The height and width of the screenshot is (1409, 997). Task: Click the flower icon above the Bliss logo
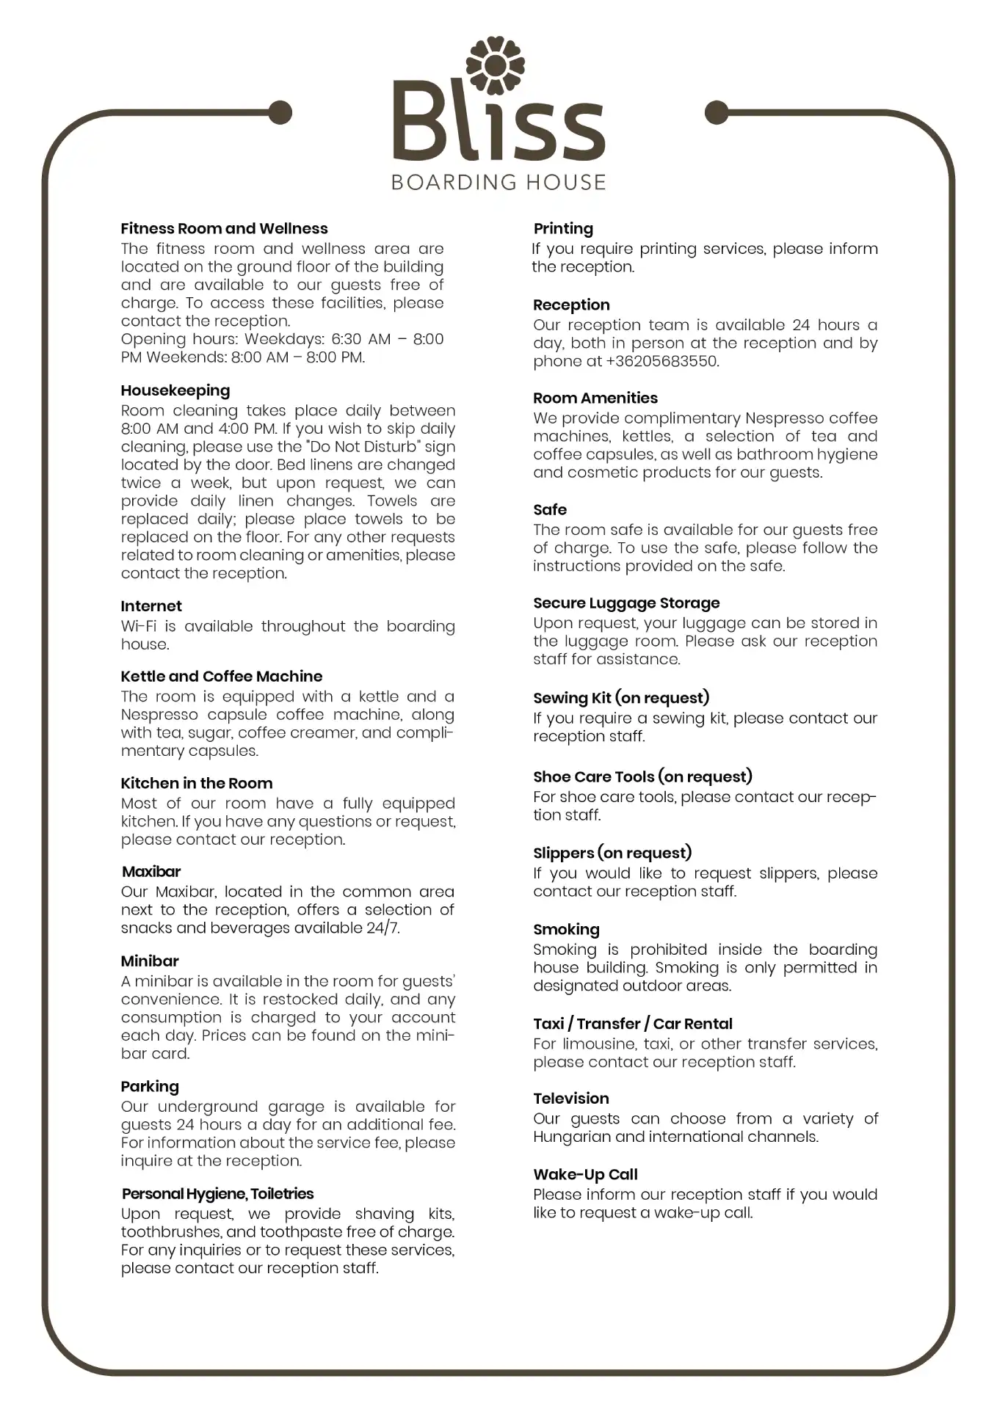[x=496, y=67]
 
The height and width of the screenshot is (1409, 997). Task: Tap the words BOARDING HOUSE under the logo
[x=498, y=182]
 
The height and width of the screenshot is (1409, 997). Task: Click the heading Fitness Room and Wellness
[x=224, y=229]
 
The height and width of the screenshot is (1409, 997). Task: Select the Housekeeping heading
[x=175, y=390]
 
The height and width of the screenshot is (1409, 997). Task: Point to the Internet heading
[x=151, y=606]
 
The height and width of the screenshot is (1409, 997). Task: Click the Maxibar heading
[x=151, y=872]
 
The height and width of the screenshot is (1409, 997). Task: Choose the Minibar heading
[x=150, y=961]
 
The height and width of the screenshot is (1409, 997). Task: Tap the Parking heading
[x=150, y=1086]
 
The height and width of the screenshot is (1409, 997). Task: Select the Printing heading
[x=563, y=229]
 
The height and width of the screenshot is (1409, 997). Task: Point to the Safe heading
[x=550, y=510]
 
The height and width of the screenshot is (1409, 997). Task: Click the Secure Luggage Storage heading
[x=626, y=603]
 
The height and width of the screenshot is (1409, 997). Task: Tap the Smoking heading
[x=566, y=930]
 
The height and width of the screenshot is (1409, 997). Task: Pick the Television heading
[x=571, y=1099]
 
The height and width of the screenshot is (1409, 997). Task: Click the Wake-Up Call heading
[x=585, y=1175]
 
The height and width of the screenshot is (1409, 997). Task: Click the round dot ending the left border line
[x=280, y=112]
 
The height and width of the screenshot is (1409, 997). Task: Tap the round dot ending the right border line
[x=717, y=112]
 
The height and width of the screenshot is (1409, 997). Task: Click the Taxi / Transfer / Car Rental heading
[x=633, y=1024]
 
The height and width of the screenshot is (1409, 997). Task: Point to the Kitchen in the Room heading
[x=197, y=784]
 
